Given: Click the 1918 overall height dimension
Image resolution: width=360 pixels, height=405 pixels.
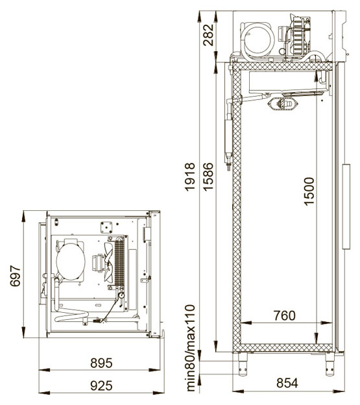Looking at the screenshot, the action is (190, 177).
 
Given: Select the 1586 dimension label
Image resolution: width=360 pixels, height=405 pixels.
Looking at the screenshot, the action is (208, 177).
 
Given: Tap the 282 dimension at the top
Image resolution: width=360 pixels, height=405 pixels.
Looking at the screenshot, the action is (208, 35).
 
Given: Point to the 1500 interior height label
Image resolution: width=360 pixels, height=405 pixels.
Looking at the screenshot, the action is (309, 191).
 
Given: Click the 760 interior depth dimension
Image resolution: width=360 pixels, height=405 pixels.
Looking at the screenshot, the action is (285, 315).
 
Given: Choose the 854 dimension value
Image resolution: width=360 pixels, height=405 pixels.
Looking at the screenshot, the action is (287, 383).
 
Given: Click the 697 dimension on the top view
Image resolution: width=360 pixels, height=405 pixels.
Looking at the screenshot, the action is (15, 276).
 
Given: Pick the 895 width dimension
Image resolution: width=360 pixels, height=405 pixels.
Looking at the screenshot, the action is (101, 363).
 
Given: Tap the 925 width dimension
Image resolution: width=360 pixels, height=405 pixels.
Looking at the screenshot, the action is (101, 386).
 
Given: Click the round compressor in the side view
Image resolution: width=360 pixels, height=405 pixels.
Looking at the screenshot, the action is (259, 40).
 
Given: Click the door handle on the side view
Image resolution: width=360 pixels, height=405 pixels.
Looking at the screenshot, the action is (346, 206).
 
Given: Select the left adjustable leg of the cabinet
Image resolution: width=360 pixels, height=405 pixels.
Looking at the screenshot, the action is (243, 364).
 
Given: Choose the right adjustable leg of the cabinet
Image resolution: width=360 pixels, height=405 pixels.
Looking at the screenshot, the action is (330, 364).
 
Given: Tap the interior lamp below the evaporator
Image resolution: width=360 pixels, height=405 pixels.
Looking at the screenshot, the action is (283, 104).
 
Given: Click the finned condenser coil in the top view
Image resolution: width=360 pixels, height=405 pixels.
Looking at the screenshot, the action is (119, 262).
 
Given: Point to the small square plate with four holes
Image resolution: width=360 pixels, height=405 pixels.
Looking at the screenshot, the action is (106, 227).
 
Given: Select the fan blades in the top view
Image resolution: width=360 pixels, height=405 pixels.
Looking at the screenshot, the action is (108, 262).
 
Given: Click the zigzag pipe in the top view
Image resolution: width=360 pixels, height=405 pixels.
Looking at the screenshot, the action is (71, 315).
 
